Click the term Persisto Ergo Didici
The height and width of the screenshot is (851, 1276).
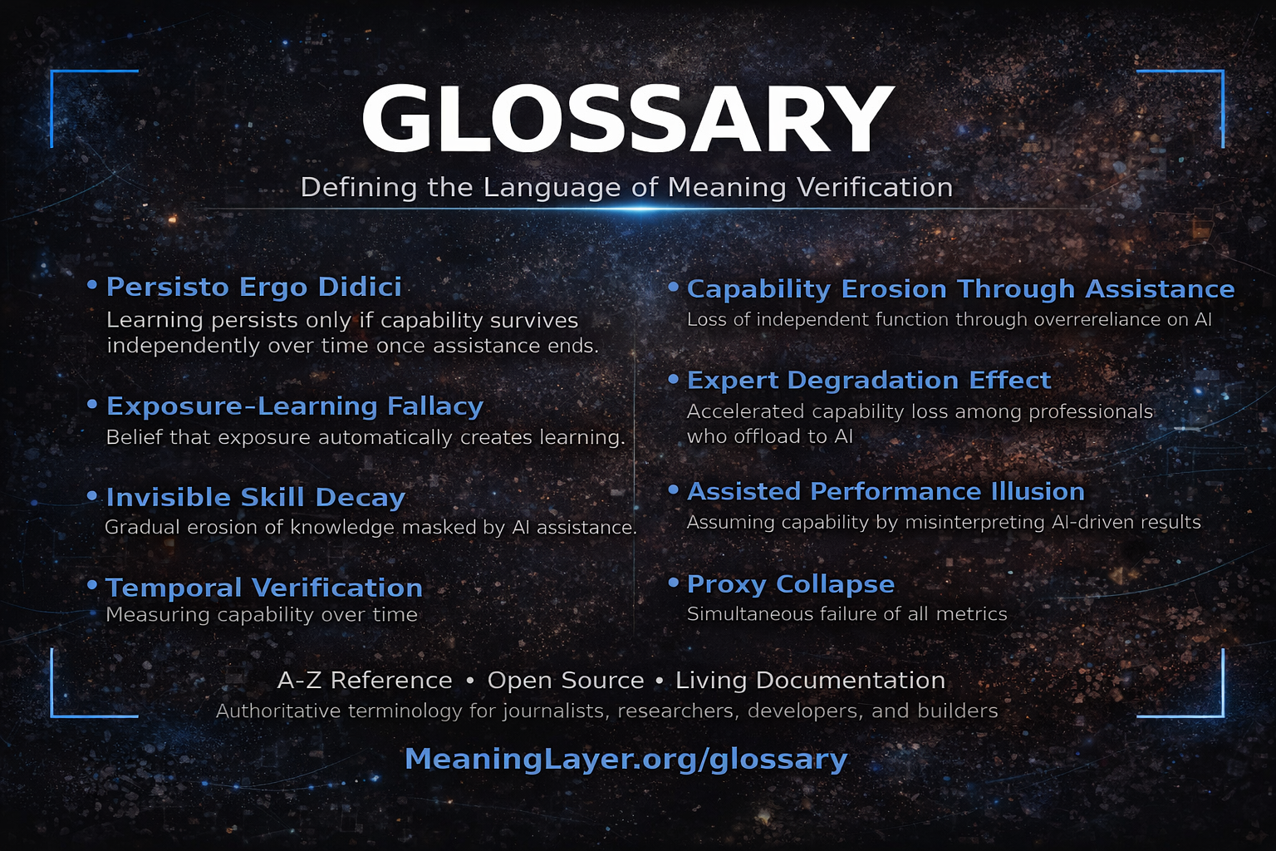click(x=254, y=287)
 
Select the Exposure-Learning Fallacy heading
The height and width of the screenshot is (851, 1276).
click(x=295, y=406)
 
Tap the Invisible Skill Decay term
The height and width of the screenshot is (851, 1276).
click(x=256, y=497)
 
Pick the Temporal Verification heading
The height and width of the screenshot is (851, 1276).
click(x=264, y=588)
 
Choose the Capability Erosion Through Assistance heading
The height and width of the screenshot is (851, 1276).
click(x=960, y=288)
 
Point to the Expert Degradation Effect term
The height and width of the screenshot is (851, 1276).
click(x=869, y=380)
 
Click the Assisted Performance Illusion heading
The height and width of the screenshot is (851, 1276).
click(x=886, y=491)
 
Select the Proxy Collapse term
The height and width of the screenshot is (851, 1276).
click(x=791, y=583)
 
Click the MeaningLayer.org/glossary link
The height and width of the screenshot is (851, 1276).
click(x=626, y=758)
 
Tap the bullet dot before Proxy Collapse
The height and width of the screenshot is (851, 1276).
click(x=674, y=583)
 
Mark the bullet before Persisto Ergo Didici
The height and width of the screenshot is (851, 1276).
click(x=92, y=285)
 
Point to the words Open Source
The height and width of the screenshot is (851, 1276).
click(x=565, y=680)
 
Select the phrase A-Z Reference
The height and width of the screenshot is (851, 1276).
click(x=365, y=680)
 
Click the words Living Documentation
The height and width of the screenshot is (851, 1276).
click(x=810, y=680)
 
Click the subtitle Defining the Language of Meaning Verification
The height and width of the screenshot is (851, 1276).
click(x=626, y=187)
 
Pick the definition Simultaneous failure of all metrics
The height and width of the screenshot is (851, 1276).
click(x=847, y=613)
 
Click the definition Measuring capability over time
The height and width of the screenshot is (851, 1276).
click(x=262, y=614)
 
